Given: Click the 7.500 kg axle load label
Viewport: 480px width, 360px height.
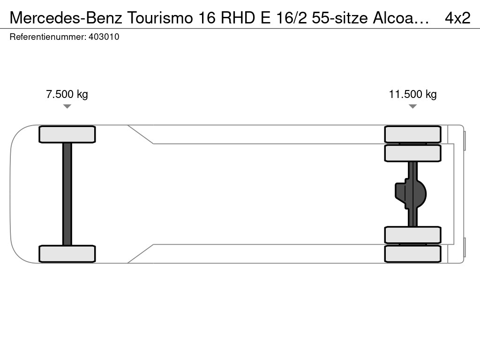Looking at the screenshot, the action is pyautogui.click(x=67, y=94).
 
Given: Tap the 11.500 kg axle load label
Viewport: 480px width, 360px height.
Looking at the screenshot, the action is pyautogui.click(x=412, y=94).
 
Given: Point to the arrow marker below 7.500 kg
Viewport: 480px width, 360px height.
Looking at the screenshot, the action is pyautogui.click(x=67, y=106).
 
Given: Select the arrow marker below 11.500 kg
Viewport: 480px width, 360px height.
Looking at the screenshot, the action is pyautogui.click(x=412, y=106).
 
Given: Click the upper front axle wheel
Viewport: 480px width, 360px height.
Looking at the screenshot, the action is pyautogui.click(x=67, y=135).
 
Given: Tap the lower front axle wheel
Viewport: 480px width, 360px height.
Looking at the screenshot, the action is pyautogui.click(x=67, y=254).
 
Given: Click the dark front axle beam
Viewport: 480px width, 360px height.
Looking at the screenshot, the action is pyautogui.click(x=67, y=194).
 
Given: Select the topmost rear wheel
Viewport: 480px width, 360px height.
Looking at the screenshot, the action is pyautogui.click(x=412, y=135).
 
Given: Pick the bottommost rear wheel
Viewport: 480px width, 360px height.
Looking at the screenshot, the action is pyautogui.click(x=412, y=254).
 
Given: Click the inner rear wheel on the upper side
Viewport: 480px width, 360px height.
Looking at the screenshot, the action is pyautogui.click(x=412, y=153).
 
